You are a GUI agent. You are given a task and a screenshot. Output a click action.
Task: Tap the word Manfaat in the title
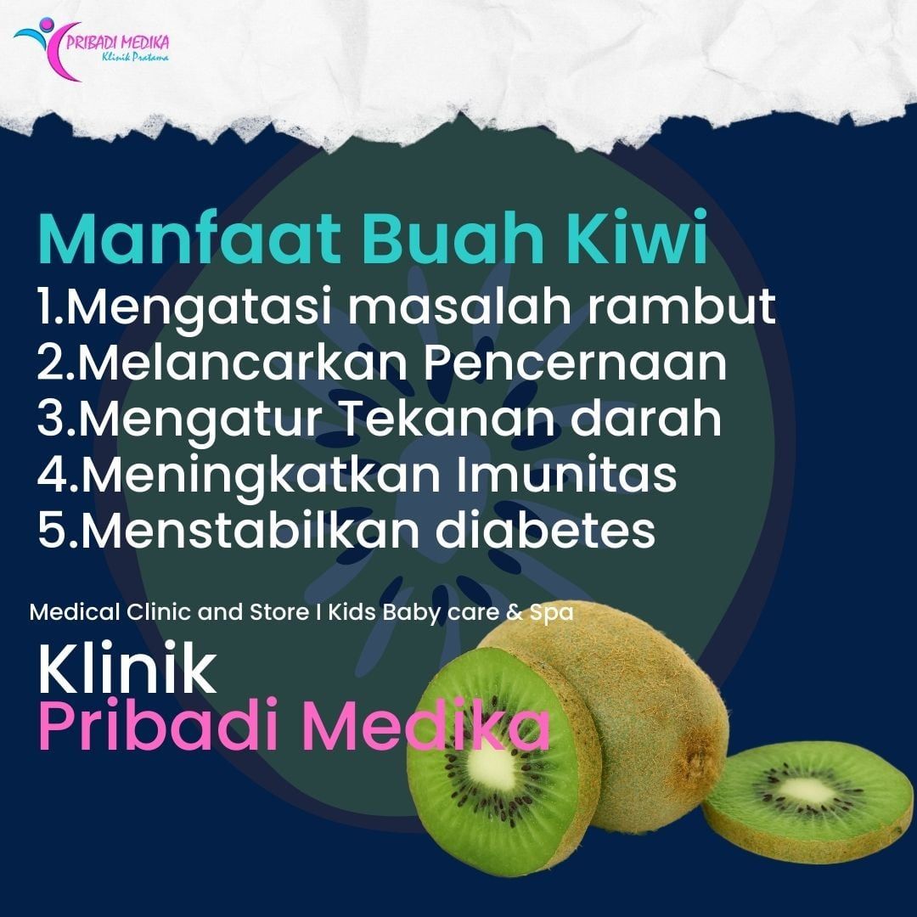coord(189,239)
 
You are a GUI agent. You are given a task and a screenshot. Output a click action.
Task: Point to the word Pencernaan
coord(575,362)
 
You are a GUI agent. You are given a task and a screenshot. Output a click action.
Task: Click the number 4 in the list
coord(54,475)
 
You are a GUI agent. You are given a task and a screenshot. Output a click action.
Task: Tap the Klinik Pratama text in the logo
coord(135,58)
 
